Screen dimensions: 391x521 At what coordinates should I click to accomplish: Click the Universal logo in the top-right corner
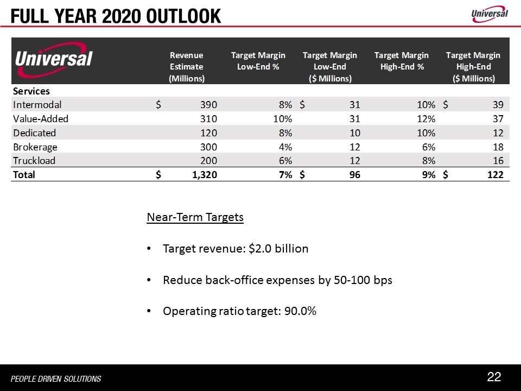tap(489, 14)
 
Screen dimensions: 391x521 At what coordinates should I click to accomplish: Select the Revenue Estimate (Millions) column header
tap(186, 66)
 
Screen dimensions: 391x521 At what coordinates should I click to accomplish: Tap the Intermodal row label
tap(37, 104)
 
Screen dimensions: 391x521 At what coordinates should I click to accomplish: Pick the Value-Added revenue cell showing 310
tap(208, 118)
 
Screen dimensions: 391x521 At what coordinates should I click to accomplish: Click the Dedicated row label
tap(35, 133)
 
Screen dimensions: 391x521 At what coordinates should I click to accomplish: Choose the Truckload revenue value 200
tap(208, 161)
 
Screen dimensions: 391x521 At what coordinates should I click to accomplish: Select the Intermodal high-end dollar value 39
tap(498, 104)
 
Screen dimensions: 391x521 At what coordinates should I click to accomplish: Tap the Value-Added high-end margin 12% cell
tap(426, 118)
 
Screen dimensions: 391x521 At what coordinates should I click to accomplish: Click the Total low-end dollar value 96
tap(353, 175)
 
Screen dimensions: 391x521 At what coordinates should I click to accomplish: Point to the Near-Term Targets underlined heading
tap(195, 218)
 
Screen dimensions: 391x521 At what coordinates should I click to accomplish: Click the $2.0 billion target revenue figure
tap(278, 249)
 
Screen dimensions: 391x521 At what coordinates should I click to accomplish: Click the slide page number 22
tap(494, 377)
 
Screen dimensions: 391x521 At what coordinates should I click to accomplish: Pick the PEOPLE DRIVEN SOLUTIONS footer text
tap(56, 379)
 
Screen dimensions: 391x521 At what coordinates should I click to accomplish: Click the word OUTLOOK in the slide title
tap(183, 16)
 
